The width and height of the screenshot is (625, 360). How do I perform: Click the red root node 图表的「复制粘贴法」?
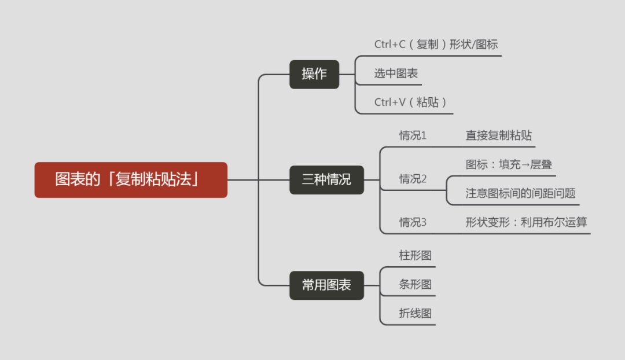pos(131,179)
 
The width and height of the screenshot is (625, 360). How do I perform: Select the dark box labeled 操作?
pos(314,74)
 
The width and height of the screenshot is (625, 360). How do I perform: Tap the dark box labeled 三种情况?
pos(326,179)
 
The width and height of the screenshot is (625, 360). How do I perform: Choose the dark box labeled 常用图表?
pos(326,285)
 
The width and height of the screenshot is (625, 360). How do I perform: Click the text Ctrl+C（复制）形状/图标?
pos(436,45)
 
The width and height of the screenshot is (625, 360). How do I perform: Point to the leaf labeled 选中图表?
pos(396,74)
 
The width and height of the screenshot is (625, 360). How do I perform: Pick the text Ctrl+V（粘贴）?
pos(410,102)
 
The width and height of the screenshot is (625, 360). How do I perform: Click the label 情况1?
pos(413,136)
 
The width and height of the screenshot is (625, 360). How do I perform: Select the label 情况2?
pos(413,179)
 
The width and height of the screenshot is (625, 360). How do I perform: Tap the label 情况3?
pos(413,222)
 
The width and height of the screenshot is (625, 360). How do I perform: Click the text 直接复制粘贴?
pos(499,136)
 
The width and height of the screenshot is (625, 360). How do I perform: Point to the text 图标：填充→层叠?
pos(509,165)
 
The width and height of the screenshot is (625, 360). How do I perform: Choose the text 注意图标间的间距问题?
pos(520,193)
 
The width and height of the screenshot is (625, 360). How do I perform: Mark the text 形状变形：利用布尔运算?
pos(527,222)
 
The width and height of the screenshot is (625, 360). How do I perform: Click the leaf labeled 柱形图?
pos(415,255)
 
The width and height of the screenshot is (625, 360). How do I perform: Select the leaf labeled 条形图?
pos(415,285)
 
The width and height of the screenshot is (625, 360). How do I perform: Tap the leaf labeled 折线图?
pos(415,314)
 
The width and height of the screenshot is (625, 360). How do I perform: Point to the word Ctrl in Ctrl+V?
pos(383,102)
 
